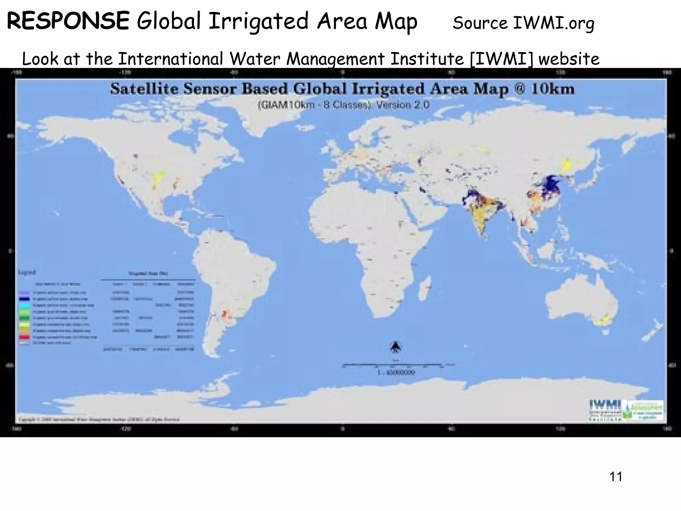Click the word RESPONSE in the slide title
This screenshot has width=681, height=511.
pos(68,21)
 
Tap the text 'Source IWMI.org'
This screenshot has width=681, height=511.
pos(523,23)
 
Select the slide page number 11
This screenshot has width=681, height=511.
pos(616,477)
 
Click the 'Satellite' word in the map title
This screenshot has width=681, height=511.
pos(139,89)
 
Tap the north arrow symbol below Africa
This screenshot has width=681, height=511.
pos(395,347)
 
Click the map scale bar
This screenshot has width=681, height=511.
pos(396,365)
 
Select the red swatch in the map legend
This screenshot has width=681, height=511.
pos(26,337)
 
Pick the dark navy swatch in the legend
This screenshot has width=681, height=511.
pos(26,299)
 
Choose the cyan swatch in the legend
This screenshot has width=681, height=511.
pos(26,305)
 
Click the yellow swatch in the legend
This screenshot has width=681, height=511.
pos(26,324)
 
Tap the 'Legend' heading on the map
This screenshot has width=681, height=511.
pos(27,272)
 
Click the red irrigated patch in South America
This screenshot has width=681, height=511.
pos(224,313)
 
